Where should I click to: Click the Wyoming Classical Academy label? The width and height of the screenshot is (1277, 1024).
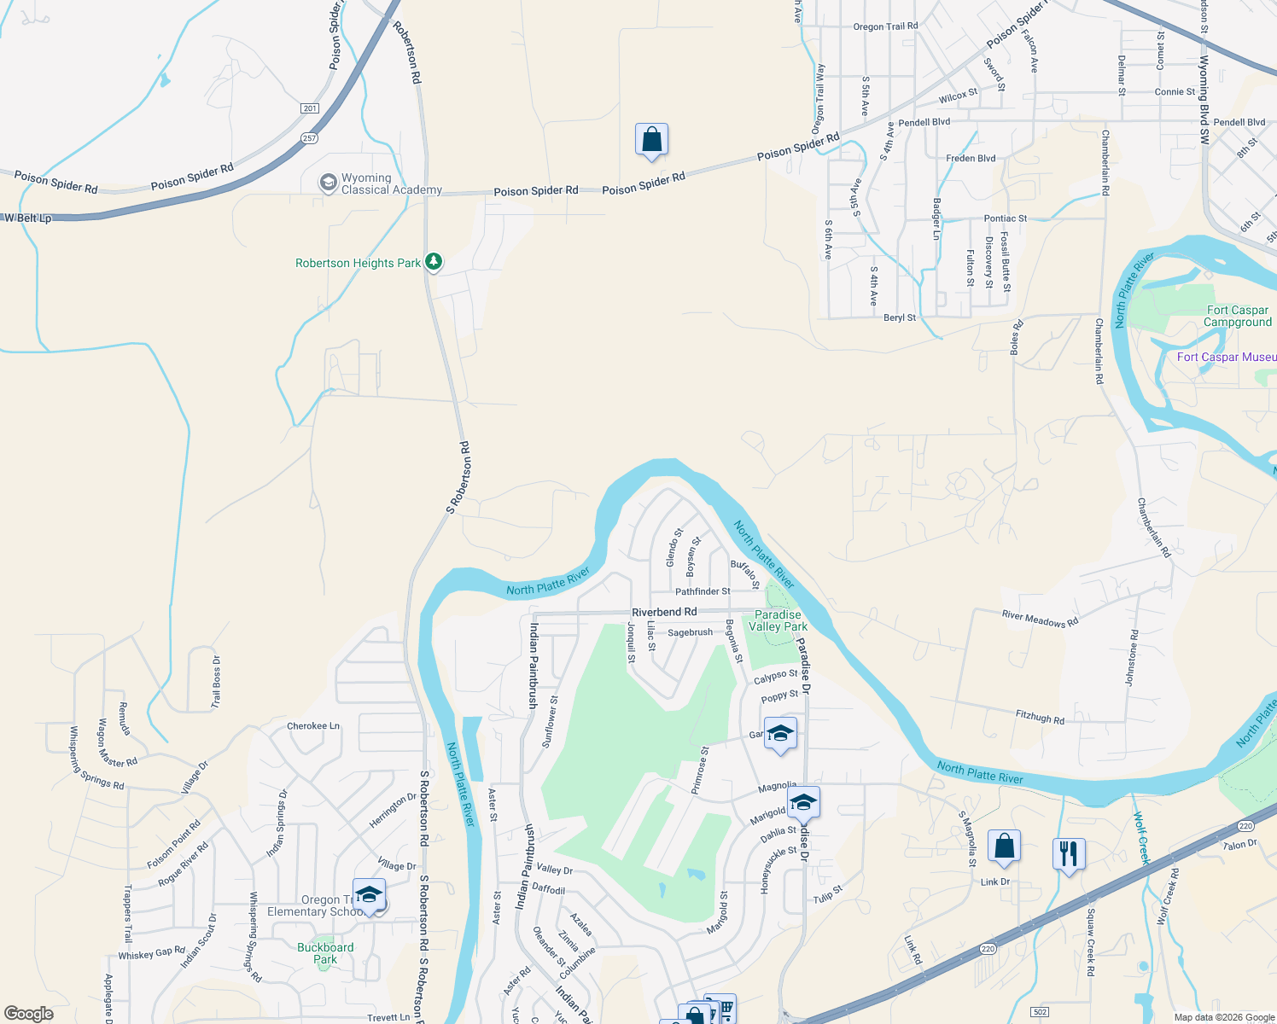tap(391, 184)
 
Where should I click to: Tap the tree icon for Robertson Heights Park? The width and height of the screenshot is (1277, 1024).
tap(434, 261)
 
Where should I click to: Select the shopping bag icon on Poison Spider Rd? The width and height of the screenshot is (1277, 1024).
tap(651, 140)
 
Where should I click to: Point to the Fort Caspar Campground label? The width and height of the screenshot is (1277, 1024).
tap(1237, 317)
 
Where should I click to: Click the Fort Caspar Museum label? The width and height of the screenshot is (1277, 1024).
tap(1226, 358)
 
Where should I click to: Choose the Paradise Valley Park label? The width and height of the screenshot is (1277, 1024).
tap(778, 620)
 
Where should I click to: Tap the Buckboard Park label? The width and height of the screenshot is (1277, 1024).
tap(325, 953)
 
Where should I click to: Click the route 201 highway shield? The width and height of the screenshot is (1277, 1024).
tap(309, 108)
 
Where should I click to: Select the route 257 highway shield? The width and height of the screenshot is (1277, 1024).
tap(309, 138)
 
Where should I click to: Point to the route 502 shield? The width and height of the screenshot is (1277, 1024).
tap(1039, 1012)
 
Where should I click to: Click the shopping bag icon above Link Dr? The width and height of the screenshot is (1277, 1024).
tap(1004, 847)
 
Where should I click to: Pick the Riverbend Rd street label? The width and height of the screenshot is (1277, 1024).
tap(664, 612)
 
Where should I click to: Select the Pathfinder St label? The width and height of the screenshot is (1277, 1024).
tap(703, 591)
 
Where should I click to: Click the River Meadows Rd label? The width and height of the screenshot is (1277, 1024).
tap(1040, 619)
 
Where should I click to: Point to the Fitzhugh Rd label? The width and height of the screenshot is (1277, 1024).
tap(1040, 718)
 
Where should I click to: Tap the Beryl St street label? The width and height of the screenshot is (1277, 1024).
tap(900, 317)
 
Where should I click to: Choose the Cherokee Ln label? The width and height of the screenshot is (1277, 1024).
tap(313, 726)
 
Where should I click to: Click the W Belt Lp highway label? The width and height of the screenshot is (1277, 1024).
tap(27, 218)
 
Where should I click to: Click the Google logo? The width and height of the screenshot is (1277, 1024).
tap(29, 1013)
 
